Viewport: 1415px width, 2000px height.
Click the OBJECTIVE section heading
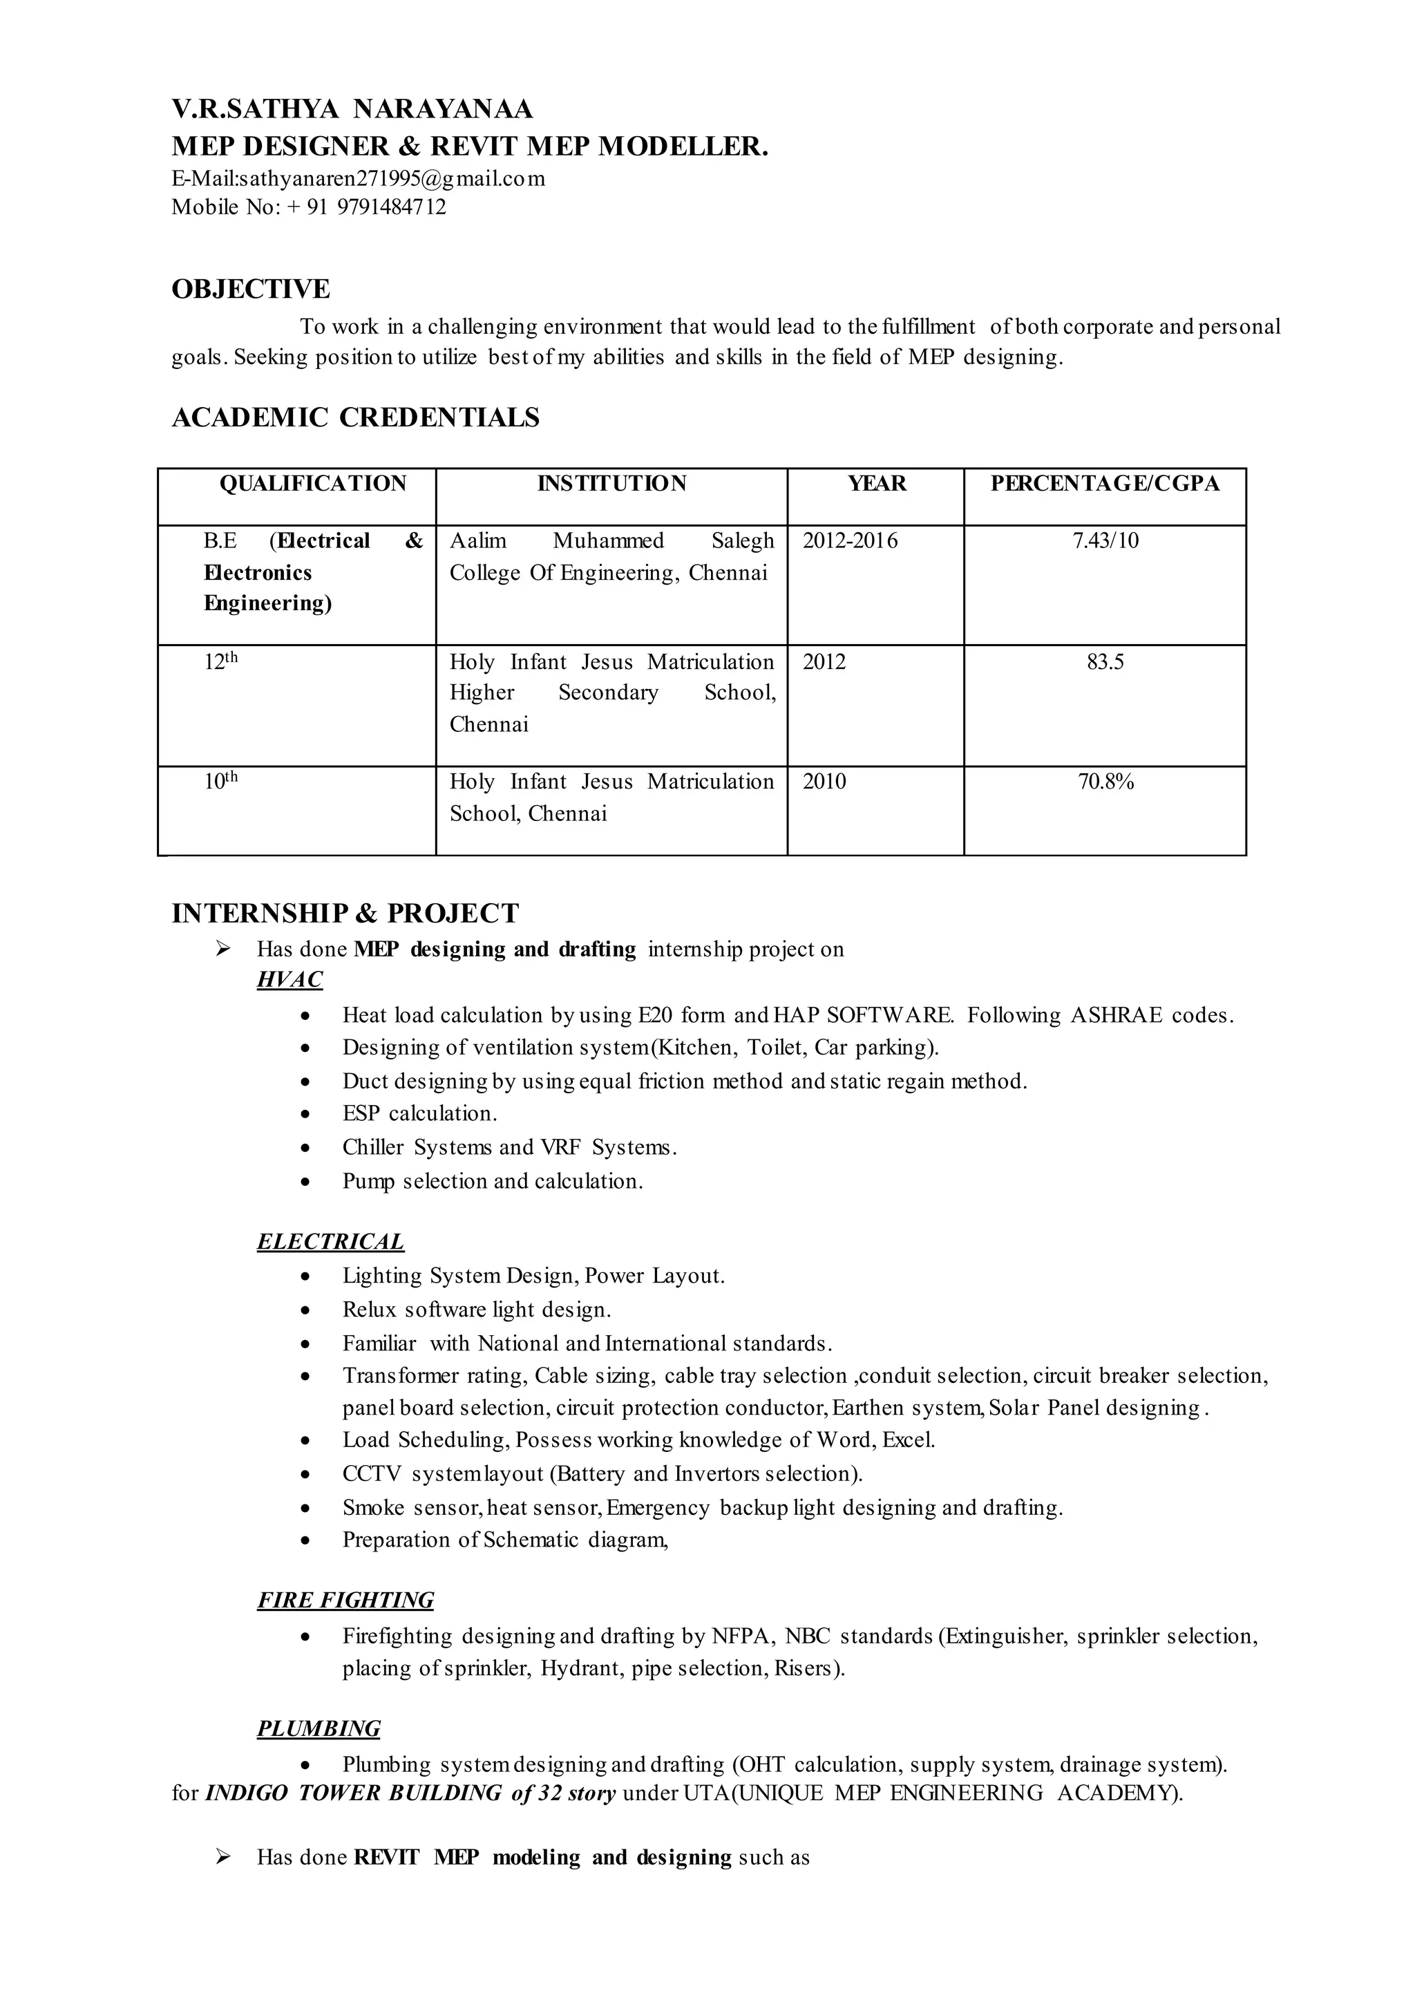click(250, 290)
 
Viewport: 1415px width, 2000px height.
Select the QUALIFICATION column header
click(313, 484)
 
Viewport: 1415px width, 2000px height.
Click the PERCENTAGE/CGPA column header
click(1104, 484)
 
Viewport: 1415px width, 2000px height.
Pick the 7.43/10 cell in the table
click(1105, 541)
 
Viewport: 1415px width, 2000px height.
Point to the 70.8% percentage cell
click(1105, 782)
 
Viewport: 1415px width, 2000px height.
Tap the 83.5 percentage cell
click(1105, 662)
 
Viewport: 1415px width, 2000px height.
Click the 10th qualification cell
click(220, 781)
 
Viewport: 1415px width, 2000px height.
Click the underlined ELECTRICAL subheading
click(330, 1242)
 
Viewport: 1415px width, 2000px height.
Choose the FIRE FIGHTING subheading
click(345, 1601)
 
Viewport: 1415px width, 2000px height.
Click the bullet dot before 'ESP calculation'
click(304, 1115)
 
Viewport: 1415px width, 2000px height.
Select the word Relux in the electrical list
click(370, 1310)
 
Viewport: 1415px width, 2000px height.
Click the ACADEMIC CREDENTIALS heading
click(356, 418)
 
